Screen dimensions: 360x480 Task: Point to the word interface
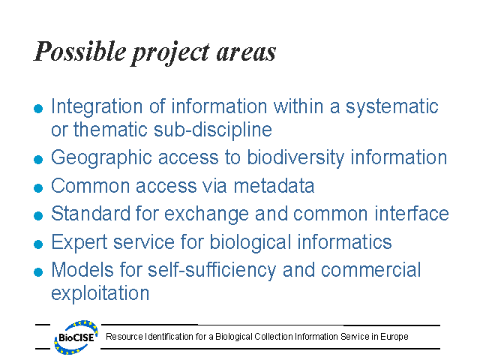tap(413, 214)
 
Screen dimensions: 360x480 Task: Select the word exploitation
tap(100, 292)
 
